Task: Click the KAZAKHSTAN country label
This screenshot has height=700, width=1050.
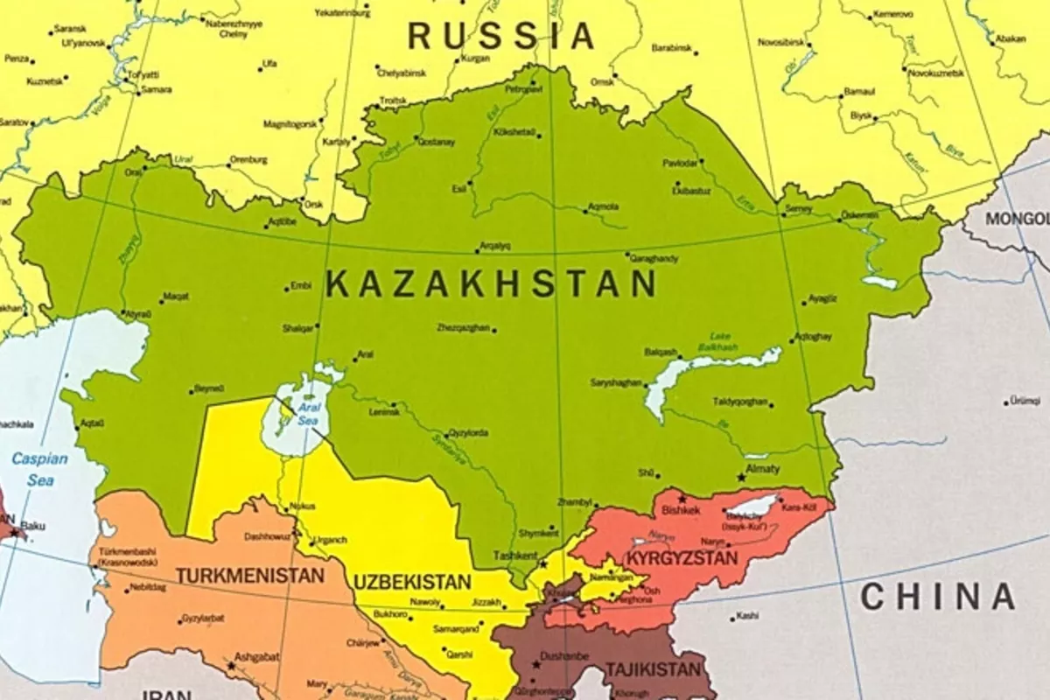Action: point(491,284)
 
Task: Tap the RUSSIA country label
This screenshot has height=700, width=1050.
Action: point(501,36)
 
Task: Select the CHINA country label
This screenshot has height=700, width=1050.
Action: point(937,597)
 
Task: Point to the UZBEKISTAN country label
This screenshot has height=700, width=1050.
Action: point(412,582)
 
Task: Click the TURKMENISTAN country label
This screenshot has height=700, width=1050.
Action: point(250,576)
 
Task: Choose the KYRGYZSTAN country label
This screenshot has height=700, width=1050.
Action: point(682,557)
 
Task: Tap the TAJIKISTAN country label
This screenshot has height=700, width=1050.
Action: point(653,669)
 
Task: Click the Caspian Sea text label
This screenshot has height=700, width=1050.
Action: point(38,469)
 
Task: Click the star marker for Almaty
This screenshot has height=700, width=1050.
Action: point(742,478)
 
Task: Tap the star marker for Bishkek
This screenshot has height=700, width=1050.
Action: point(682,499)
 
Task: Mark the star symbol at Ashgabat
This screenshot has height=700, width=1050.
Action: point(231,666)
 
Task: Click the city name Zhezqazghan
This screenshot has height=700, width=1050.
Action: point(465,328)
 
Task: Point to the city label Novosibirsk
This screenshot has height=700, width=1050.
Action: point(780,41)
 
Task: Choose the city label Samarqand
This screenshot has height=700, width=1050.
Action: point(457,628)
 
